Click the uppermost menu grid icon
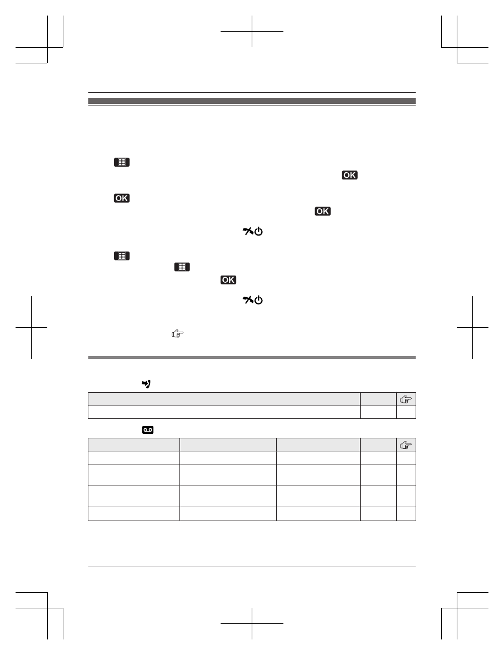[122, 162]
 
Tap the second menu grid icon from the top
[122, 256]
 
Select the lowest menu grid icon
[182, 267]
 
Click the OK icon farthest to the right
[350, 175]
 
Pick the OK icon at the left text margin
[122, 198]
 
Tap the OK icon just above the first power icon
[323, 211]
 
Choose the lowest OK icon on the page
[228, 280]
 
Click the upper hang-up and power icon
[253, 231]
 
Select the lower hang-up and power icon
[253, 300]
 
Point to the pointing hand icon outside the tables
[178, 334]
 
